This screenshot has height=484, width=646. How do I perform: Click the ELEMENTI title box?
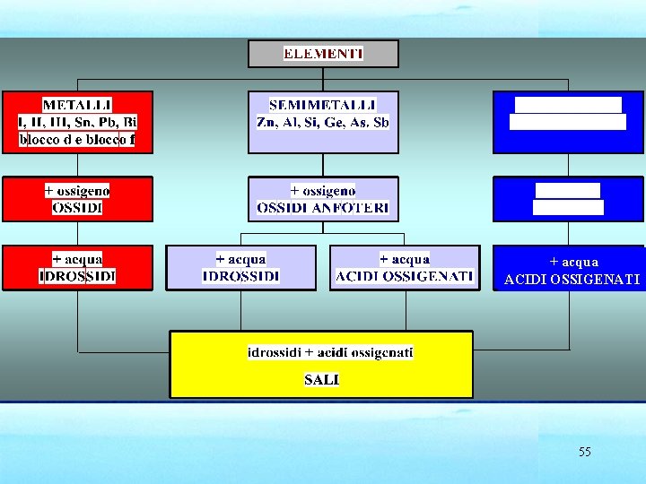323,54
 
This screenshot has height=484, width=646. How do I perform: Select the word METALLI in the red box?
77,105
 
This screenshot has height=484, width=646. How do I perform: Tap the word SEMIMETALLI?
323,105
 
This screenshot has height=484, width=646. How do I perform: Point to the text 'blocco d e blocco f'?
77,140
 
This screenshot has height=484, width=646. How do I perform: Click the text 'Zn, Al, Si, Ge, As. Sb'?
323,122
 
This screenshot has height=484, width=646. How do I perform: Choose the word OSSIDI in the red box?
77,207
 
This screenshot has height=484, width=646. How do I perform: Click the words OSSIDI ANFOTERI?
323,207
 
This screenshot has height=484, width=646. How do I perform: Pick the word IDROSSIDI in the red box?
77,275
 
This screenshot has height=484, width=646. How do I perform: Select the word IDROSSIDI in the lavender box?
241,275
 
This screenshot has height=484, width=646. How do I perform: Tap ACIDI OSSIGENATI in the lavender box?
405,275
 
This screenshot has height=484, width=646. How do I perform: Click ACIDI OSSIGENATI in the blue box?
572,280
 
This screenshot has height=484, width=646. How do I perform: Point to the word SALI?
321,379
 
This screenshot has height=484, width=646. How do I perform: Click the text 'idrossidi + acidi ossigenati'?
330,352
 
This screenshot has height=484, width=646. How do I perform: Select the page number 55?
585,452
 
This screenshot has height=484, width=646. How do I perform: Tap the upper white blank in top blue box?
568,105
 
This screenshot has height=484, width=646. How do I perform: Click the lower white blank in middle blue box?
568,207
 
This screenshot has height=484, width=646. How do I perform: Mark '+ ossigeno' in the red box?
77,190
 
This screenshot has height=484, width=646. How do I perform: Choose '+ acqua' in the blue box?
573,262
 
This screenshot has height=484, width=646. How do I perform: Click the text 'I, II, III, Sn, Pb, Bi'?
77,122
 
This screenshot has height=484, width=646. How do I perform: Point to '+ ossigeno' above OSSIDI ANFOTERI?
323,190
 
